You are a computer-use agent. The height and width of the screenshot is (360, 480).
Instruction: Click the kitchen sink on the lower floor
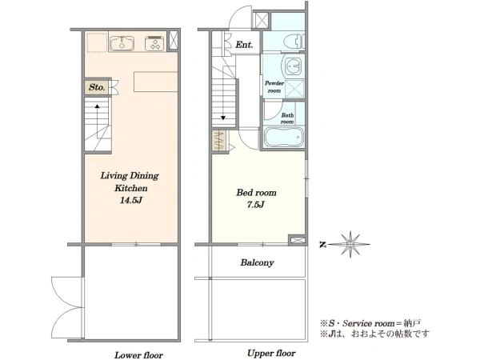[122, 43]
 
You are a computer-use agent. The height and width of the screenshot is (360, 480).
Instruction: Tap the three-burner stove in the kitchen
[154, 43]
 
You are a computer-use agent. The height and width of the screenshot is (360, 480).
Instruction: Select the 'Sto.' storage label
[97, 87]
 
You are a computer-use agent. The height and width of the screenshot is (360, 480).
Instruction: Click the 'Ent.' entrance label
[244, 45]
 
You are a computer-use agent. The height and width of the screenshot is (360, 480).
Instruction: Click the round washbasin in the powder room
[294, 66]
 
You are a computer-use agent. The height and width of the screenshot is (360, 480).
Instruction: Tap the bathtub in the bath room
[284, 137]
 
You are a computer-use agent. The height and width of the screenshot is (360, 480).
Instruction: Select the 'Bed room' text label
[257, 193]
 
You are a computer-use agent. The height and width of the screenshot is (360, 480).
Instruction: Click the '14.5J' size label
[131, 201]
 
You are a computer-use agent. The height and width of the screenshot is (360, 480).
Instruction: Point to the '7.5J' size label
[256, 205]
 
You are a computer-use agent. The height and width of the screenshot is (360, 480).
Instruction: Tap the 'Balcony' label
[257, 262]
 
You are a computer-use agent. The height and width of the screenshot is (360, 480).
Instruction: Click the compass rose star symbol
[350, 244]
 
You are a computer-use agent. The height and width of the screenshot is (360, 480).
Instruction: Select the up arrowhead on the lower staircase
[97, 106]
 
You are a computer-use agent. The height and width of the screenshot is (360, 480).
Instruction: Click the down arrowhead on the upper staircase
[223, 118]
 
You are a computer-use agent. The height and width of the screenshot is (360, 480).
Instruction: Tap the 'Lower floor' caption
[138, 355]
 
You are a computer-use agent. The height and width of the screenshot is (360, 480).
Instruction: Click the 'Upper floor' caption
[271, 354]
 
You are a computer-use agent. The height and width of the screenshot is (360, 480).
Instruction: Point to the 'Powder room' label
[274, 86]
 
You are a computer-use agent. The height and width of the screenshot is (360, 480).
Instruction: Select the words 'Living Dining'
[130, 176]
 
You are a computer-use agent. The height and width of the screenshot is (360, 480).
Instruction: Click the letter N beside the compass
[322, 245]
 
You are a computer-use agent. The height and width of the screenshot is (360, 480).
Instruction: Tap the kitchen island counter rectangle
[156, 82]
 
